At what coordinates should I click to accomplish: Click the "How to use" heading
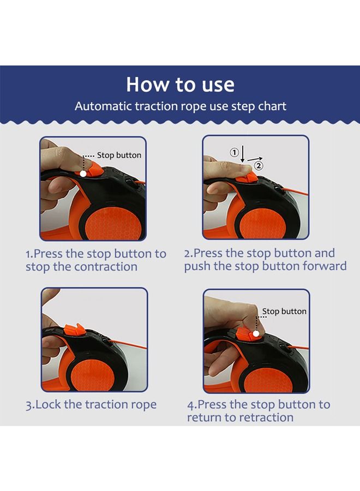coord(180,84)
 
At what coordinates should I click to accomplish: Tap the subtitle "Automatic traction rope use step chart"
coord(181,106)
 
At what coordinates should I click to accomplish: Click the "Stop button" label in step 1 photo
coord(119,155)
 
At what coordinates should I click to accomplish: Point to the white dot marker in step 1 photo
coord(83,173)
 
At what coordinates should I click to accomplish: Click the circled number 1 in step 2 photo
coord(234,153)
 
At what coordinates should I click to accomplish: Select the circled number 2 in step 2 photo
coord(259,166)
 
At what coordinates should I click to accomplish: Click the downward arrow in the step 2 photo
coord(243,154)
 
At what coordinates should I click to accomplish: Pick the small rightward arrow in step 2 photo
coord(255,159)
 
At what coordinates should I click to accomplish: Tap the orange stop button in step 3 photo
coord(75,331)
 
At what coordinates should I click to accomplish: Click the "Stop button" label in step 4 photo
coord(284,312)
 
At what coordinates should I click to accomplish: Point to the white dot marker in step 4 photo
coord(256,334)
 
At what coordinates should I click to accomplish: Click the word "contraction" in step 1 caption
coord(106,267)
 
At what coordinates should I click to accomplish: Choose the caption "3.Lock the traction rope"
coord(91,404)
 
